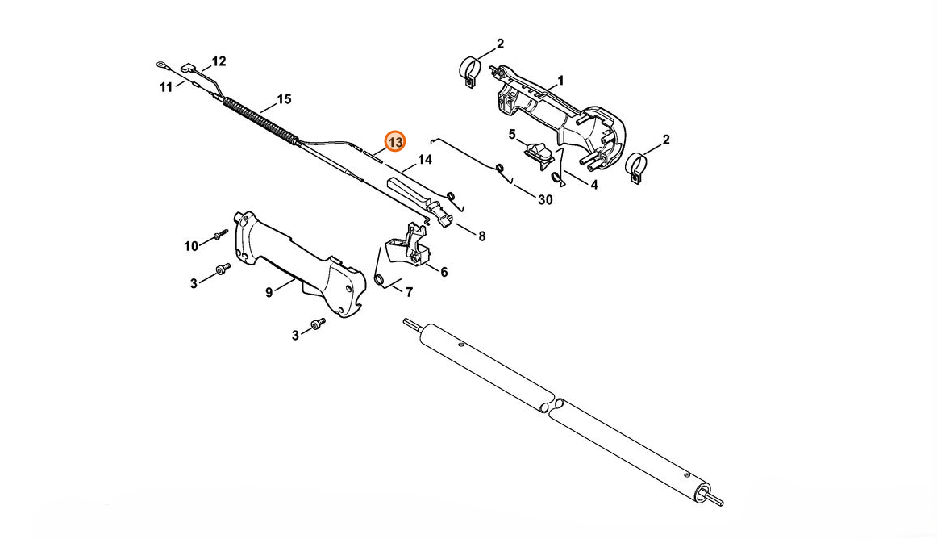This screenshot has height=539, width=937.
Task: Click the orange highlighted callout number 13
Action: click(395, 142)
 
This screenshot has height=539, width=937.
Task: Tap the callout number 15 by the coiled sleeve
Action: click(284, 98)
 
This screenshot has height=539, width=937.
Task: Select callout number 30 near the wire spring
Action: click(545, 200)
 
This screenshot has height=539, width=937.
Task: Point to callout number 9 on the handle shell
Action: click(269, 293)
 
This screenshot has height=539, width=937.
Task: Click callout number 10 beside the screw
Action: click(190, 246)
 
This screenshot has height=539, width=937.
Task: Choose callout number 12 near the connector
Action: click(219, 61)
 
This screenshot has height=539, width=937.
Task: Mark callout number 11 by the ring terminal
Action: click(165, 87)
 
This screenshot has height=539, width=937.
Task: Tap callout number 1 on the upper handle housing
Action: click(560, 80)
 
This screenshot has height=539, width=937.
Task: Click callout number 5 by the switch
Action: click(512, 135)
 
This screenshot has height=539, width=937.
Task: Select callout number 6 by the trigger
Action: click(444, 272)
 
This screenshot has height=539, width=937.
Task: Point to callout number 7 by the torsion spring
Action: click(409, 293)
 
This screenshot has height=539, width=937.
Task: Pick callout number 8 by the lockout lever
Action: click(481, 236)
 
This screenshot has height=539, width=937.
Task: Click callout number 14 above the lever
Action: click(424, 160)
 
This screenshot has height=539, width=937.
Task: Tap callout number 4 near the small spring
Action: click(593, 186)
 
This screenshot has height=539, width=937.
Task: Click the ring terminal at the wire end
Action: click(160, 64)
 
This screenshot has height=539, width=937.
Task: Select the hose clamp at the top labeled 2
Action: click(471, 70)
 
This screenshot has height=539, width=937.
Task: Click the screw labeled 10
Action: click(222, 233)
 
